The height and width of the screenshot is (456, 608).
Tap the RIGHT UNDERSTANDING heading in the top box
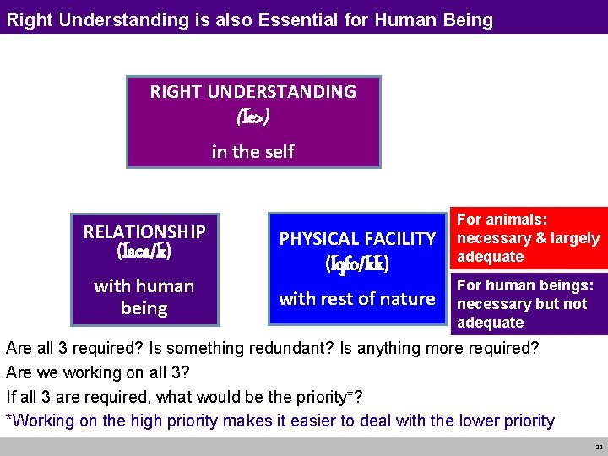(x=253, y=92)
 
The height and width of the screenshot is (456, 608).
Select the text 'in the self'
(x=253, y=151)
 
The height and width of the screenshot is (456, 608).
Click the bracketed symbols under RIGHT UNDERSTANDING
(x=253, y=117)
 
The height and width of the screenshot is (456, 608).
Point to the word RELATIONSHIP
(x=144, y=231)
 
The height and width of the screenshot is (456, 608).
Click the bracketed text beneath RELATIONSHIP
(x=144, y=251)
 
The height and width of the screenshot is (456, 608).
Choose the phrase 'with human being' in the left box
(x=144, y=296)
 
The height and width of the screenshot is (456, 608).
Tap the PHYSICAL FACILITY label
(x=357, y=239)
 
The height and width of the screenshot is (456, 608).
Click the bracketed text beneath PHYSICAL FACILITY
(x=357, y=264)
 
